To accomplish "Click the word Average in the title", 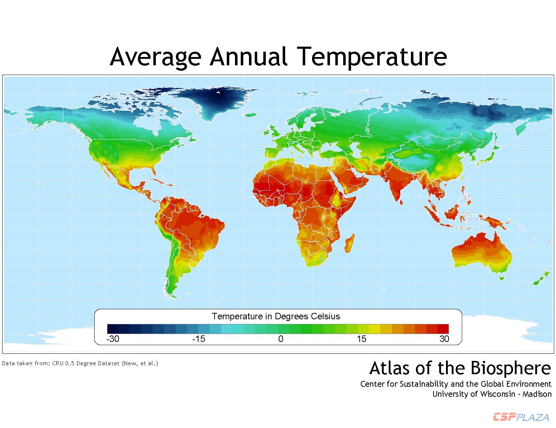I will tap(155, 57).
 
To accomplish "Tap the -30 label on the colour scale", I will tap(113, 339).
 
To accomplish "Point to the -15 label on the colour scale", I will tap(199, 339).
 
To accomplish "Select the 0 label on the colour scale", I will tap(281, 339).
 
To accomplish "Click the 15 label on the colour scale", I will tap(361, 339).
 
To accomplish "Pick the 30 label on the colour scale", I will tap(444, 339).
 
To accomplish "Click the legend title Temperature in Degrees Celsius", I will tap(276, 316).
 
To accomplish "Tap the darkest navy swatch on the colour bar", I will tap(113, 329).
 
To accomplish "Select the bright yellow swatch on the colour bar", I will tap(374, 329).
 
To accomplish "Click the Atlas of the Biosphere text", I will tap(460, 368).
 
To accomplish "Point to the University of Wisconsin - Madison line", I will tap(492, 394).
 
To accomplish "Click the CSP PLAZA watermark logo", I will tap(521, 417).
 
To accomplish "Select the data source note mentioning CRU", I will tap(80, 363).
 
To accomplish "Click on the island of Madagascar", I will tap(350, 243).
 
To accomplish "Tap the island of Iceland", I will tap(251, 115).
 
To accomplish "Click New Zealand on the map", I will tap(541, 278).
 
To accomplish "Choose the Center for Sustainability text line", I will tap(456, 384).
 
